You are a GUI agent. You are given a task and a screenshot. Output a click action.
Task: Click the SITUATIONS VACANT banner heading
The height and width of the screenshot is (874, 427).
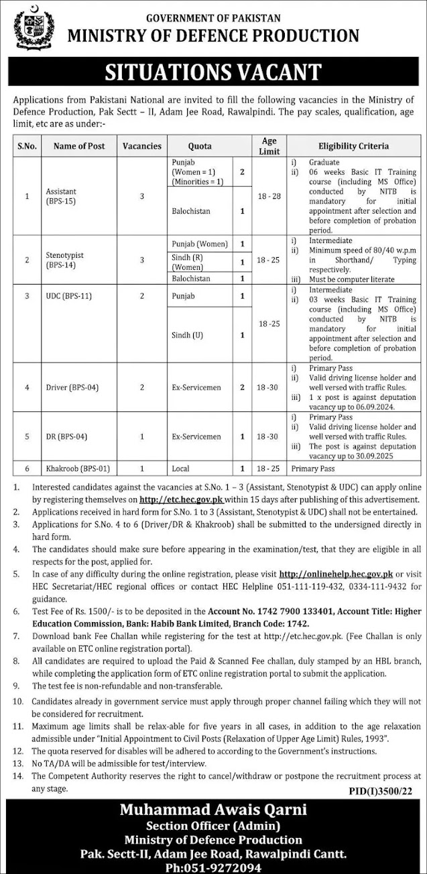coord(213,72)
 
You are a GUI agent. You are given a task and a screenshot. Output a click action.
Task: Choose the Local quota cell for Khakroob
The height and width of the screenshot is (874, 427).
coord(181,469)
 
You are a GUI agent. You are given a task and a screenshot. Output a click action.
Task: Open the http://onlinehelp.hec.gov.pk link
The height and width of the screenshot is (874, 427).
coord(335,575)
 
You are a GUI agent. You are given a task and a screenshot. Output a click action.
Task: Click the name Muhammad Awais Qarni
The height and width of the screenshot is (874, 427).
coord(213,810)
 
